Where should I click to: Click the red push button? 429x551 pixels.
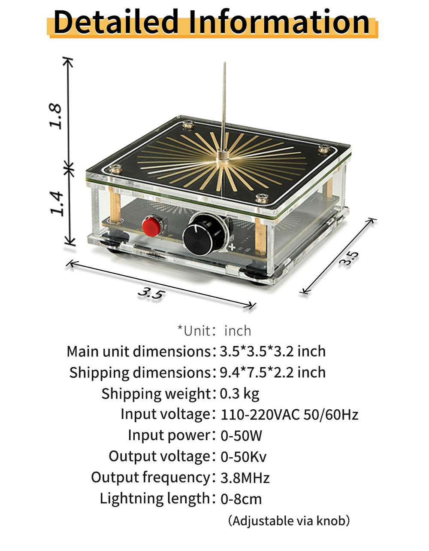tap(151, 226)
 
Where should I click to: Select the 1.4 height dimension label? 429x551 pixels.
tap(56, 204)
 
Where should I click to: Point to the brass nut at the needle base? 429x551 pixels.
tap(223, 155)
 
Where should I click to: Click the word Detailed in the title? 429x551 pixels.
tap(116, 22)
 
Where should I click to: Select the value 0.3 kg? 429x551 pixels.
tap(239, 394)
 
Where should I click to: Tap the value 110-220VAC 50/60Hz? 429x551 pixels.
tap(290, 415)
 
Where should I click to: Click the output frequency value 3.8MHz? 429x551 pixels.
tap(245, 478)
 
